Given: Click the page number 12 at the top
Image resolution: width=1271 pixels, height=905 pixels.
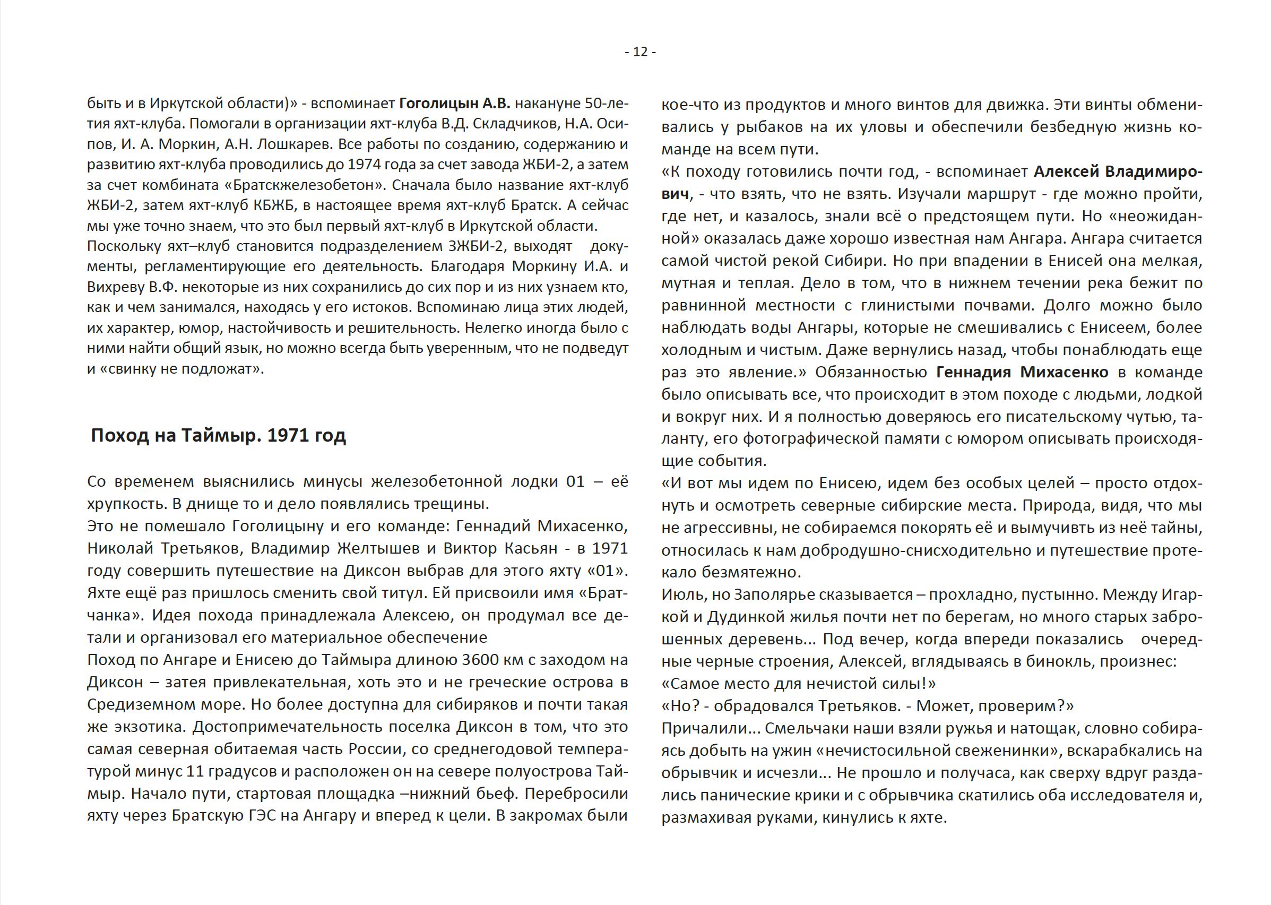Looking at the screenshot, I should coord(640,52).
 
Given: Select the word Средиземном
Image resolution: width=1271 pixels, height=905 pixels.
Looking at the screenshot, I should coord(137,704).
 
